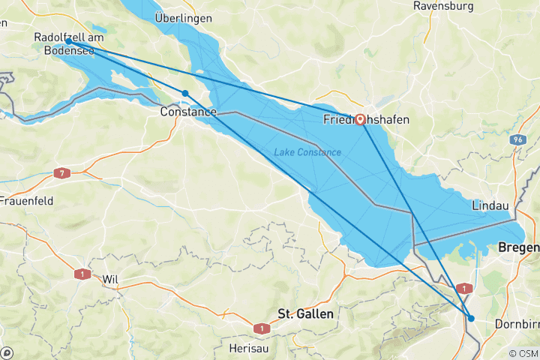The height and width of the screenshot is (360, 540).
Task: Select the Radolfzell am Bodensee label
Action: click(69, 44)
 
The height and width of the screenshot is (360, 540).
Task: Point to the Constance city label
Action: click(188, 112)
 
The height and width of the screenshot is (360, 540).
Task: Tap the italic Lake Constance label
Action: click(307, 152)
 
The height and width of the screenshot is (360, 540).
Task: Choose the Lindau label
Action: click(491, 205)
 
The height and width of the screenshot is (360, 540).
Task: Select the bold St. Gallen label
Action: click(305, 313)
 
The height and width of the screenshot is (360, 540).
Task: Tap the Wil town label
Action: click(111, 279)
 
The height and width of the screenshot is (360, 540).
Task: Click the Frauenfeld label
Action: click(25, 201)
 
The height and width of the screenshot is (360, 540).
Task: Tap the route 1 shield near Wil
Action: click(79, 274)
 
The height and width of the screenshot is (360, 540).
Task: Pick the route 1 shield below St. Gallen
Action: click(260, 328)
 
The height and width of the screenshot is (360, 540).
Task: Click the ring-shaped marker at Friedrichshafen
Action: click(360, 118)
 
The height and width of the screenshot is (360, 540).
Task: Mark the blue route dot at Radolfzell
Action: click(68, 42)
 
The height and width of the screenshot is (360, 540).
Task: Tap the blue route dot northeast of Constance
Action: click(184, 93)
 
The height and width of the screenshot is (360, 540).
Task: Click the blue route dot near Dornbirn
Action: click(471, 319)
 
